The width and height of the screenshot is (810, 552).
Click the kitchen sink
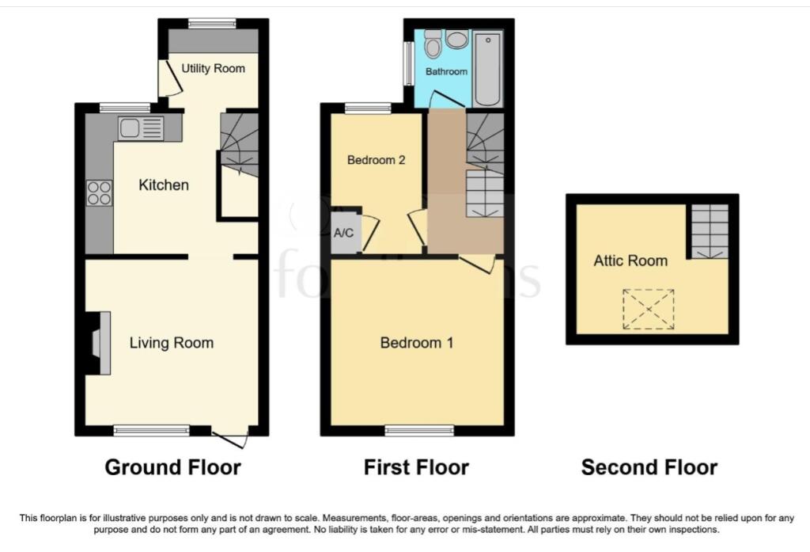point(141,128)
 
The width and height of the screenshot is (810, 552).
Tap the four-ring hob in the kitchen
point(100,193)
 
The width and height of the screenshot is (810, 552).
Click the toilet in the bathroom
point(433,44)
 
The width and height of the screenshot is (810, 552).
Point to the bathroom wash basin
point(457,40)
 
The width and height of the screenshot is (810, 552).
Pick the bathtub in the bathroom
point(487,69)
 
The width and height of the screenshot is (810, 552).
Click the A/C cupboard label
point(343,234)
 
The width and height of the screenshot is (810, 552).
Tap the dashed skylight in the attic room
point(647,309)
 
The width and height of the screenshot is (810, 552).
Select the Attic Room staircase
point(709,231)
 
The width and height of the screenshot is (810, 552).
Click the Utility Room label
point(214,69)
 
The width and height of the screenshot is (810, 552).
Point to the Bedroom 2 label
point(377,160)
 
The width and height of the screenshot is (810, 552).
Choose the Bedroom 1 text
point(416,343)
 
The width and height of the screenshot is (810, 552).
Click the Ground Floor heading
point(172,467)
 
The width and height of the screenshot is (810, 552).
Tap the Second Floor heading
point(649,467)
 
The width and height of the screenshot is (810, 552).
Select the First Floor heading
point(416,467)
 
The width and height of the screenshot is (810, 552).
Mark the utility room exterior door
point(166,78)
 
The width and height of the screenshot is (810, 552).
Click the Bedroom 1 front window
point(419,430)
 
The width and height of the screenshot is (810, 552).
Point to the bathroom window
point(408,63)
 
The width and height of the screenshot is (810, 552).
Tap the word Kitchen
point(164,185)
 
